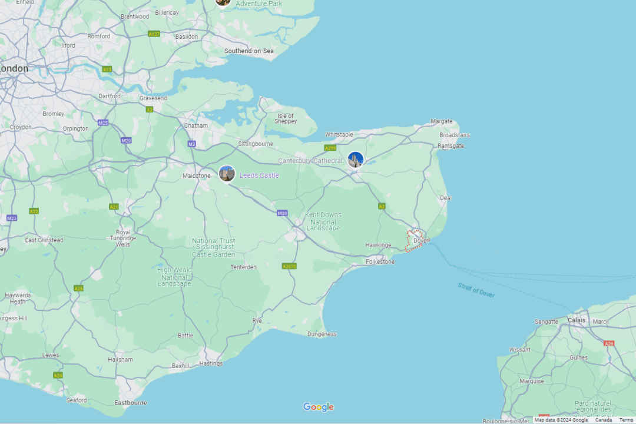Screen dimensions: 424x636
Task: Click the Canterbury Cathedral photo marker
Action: click(355, 160)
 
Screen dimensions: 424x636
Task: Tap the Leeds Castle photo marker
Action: click(227, 174)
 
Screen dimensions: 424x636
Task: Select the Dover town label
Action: click(421, 240)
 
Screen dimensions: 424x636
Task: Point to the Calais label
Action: click(577, 320)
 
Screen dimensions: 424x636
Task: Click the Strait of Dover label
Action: click(476, 290)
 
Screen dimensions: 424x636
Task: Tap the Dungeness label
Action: click(322, 334)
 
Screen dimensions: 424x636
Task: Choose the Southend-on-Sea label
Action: click(249, 51)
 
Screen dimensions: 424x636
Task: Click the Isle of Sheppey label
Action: click(286, 118)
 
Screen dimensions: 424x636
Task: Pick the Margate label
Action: click(442, 121)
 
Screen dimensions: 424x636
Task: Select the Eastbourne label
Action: click(131, 403)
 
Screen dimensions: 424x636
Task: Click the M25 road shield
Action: click(103, 123)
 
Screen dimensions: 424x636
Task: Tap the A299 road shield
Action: click(330, 148)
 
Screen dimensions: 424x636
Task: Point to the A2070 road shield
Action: click(289, 266)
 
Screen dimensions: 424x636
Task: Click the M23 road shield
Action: click(12, 218)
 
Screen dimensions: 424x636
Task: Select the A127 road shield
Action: click(154, 34)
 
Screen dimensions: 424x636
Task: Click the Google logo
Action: click(318, 407)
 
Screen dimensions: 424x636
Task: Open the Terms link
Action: click(626, 420)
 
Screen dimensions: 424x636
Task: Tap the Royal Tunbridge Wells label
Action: click(123, 238)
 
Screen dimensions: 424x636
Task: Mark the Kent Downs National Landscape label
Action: click(323, 221)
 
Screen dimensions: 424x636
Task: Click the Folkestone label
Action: click(380, 261)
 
